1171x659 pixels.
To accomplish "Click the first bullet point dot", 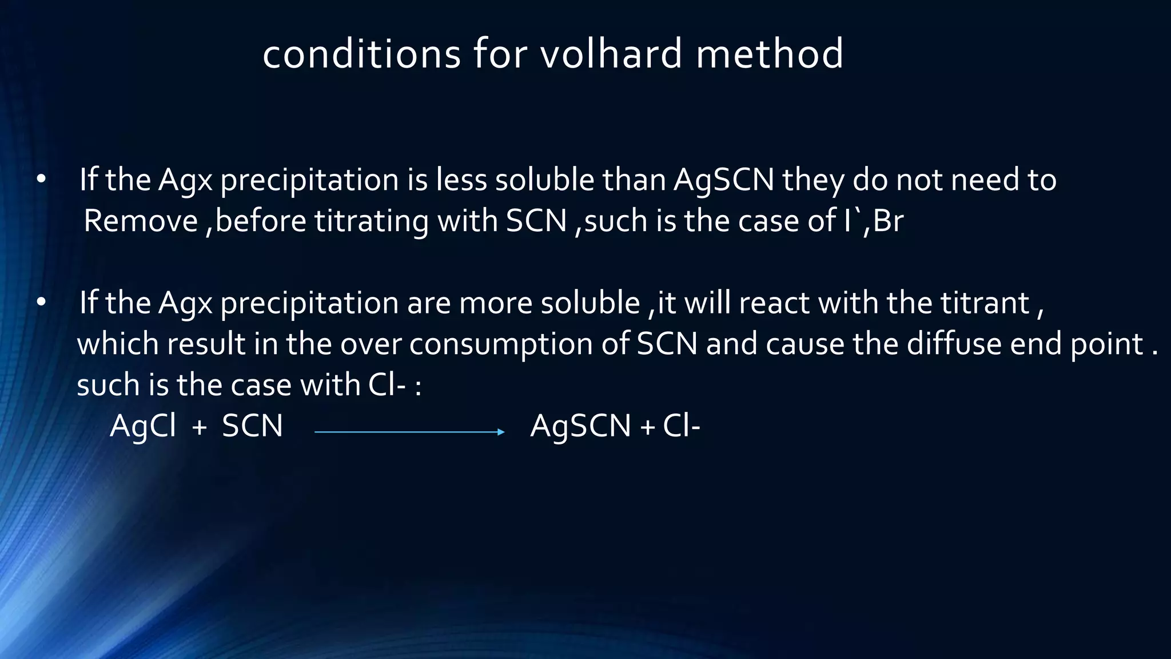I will coord(41,180).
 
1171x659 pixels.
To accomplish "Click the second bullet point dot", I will coord(41,303).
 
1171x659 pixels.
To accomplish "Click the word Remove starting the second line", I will coord(140,221).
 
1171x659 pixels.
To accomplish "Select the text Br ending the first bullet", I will coord(888,221).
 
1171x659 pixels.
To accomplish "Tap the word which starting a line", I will coord(117,344).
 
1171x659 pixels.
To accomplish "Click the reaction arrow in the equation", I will coord(409,432).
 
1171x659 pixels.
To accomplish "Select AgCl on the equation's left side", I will coord(143,426).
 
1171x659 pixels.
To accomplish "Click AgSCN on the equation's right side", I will coord(580,426).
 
